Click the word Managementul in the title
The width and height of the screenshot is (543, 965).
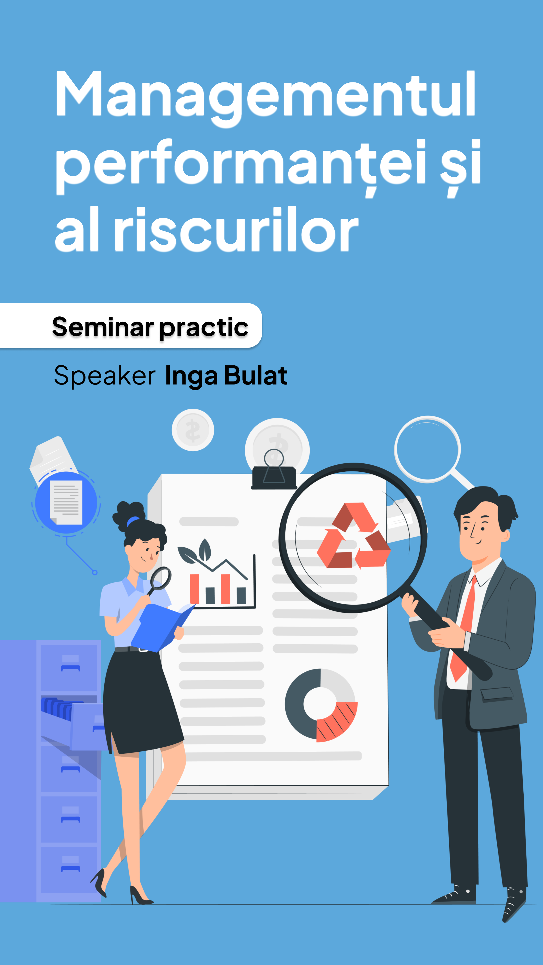coord(265,99)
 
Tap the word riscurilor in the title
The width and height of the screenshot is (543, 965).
coord(237,229)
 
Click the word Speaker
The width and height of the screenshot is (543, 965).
coord(105,376)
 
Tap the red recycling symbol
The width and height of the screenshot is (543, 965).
coord(353,536)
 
